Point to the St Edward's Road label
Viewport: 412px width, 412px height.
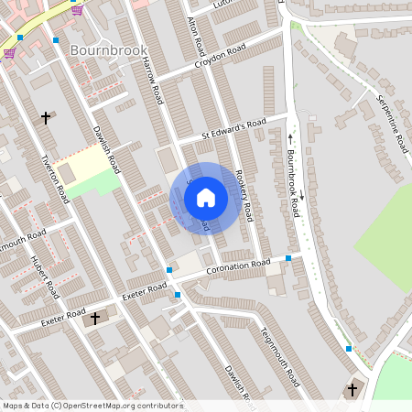point(233,129)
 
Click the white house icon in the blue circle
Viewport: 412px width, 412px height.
point(206,197)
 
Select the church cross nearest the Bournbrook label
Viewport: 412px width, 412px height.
point(47,117)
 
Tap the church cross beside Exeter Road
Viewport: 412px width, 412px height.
point(95,318)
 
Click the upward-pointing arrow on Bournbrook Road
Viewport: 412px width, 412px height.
point(290,138)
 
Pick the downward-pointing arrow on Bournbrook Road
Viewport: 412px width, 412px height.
point(301,195)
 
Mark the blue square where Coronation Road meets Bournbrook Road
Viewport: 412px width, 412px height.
point(288,259)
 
